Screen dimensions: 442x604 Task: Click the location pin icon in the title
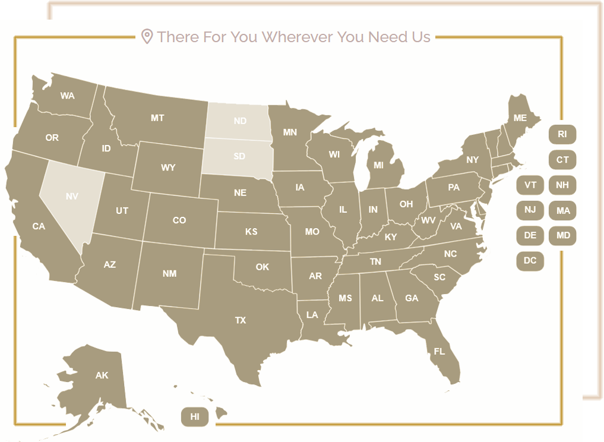point(147,37)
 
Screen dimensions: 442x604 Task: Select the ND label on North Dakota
point(240,121)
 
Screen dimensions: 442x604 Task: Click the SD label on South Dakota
point(239,156)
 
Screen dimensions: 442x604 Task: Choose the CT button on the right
point(562,160)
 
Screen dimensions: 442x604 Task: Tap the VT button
point(530,185)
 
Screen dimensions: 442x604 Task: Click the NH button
point(562,185)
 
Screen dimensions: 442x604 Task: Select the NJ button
point(530,210)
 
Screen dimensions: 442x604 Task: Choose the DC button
point(530,261)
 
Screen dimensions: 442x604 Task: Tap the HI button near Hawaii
point(195,416)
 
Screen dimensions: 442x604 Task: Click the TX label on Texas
point(240,320)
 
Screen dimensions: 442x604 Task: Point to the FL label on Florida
point(439,352)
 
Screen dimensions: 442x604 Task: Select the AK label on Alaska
point(102,375)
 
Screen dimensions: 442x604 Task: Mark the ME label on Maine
point(520,118)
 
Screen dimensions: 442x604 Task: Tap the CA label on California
point(39,226)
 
